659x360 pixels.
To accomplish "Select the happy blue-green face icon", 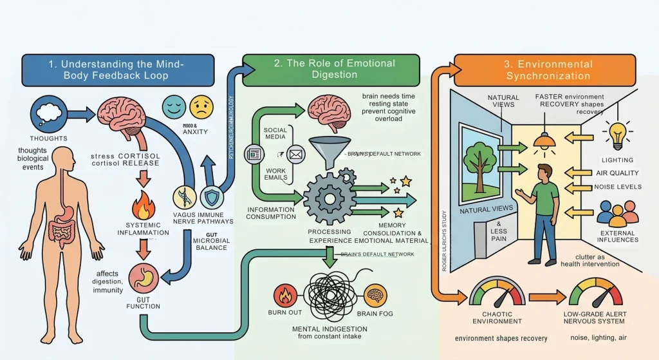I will click(x=172, y=104).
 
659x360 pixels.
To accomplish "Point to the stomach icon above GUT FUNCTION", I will click(x=144, y=279).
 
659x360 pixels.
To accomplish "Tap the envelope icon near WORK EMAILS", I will click(x=295, y=155).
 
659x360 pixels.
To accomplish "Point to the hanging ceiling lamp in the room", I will click(x=544, y=141).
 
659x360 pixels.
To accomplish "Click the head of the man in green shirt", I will click(x=544, y=173).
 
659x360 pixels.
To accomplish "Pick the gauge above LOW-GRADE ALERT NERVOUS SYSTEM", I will click(x=595, y=293).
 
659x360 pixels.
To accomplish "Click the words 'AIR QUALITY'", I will click(x=617, y=173).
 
